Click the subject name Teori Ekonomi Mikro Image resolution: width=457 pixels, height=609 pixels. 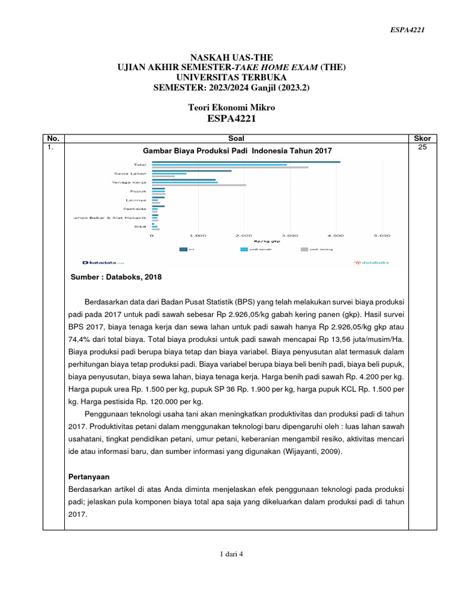click(231, 107)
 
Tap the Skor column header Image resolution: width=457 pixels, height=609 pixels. click(422, 138)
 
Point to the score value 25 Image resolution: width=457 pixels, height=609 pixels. click(422, 147)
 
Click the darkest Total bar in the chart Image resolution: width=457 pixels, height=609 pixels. click(246, 162)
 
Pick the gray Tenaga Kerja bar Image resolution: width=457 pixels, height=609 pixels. click(199, 185)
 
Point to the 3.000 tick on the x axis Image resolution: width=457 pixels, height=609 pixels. click(290, 236)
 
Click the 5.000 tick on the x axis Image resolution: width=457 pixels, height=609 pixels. click(381, 236)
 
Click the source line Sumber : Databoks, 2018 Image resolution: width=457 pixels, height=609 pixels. click(116, 277)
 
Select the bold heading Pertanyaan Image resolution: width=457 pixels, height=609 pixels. click(90, 478)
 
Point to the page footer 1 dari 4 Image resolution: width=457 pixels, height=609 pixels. click(231, 554)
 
